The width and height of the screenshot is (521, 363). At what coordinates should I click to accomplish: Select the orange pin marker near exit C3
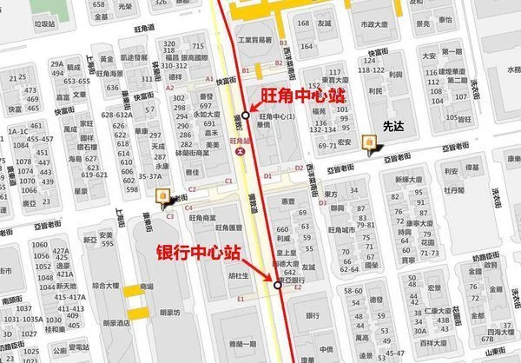click(x=162, y=197)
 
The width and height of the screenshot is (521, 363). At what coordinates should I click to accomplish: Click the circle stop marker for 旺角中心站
click(x=246, y=115)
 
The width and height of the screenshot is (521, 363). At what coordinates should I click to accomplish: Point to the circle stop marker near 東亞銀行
click(x=278, y=284)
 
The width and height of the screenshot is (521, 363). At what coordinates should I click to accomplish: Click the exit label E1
click(x=241, y=299)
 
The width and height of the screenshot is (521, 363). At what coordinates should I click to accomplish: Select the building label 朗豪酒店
click(x=118, y=322)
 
